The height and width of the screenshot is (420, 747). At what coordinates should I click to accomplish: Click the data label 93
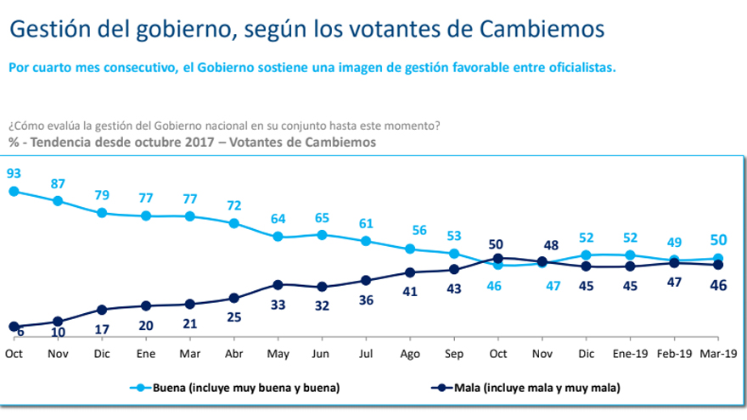(x=14, y=173)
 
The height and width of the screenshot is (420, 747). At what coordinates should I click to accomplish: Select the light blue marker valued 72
(x=233, y=223)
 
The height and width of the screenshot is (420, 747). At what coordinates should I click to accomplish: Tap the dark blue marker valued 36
(x=366, y=280)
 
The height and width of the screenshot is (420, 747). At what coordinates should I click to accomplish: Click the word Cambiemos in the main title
(x=542, y=29)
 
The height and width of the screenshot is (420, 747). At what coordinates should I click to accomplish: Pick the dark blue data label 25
(x=233, y=317)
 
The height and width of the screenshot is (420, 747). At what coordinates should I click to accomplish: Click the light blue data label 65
(x=322, y=217)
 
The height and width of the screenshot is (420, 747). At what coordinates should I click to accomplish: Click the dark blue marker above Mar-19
(x=718, y=265)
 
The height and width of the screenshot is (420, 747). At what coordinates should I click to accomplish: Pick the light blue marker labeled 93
(x=14, y=192)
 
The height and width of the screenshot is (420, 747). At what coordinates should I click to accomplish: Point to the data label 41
(x=410, y=291)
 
